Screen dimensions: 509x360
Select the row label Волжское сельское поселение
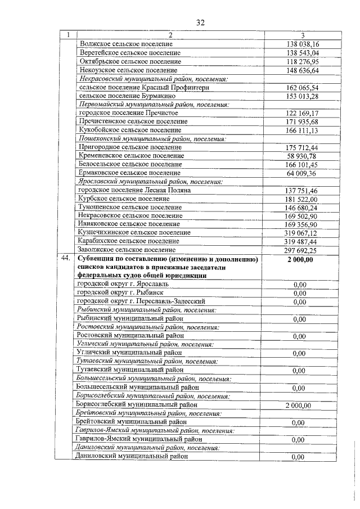127,44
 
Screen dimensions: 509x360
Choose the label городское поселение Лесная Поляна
135,190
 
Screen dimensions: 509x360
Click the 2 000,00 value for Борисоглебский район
299,405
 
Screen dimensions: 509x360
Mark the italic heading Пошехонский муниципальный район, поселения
152,139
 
